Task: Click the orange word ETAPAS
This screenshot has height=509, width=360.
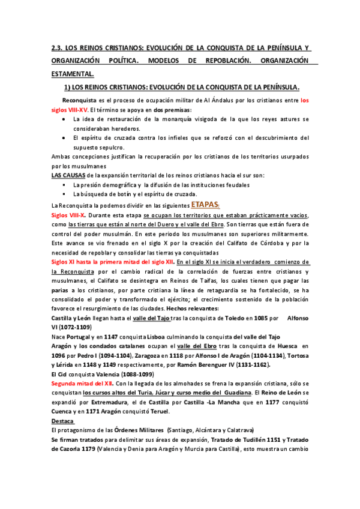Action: (206, 203)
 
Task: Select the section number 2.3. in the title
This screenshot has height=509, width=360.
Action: (59, 47)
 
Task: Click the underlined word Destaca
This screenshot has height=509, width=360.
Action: (63, 421)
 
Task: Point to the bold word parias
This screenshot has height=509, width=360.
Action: (62, 291)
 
